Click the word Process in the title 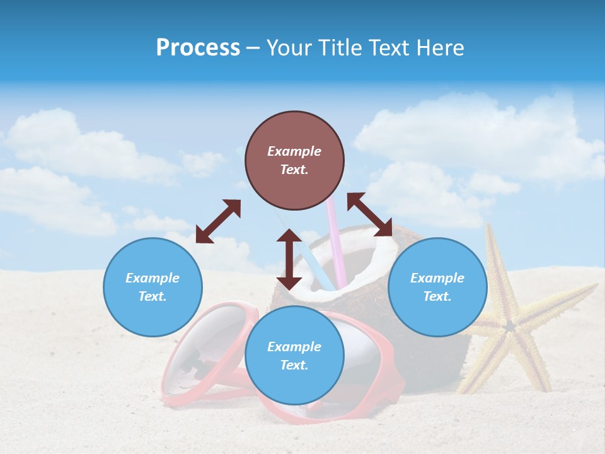tap(198, 48)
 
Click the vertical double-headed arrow tap(289, 259)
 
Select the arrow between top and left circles tap(218, 221)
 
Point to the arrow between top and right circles tap(369, 214)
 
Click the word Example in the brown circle tap(294, 151)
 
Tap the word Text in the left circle tap(153, 296)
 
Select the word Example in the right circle tap(437, 278)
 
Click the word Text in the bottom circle tap(294, 365)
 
